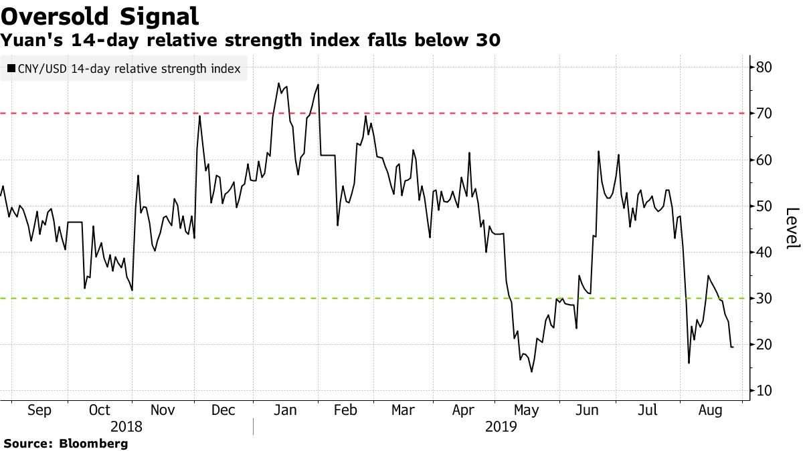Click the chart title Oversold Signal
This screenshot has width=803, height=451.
point(100,15)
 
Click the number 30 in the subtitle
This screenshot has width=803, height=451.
point(488,41)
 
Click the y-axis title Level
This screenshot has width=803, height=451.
point(792,229)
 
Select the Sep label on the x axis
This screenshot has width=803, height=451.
point(39,411)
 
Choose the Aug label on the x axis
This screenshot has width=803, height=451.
point(710,411)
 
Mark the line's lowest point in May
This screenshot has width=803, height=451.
point(532,371)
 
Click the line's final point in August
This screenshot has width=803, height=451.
point(732,347)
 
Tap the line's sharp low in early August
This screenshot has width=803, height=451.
point(689,363)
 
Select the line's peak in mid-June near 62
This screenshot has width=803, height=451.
point(598,152)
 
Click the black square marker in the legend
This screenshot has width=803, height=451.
point(11,68)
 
